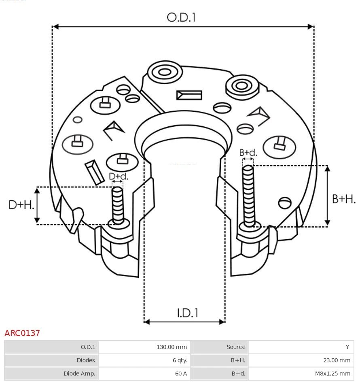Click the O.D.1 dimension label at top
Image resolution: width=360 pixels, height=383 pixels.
(181, 17)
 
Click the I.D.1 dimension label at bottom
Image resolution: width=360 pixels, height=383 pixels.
(187, 313)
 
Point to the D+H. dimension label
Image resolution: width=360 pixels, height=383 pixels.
(21, 205)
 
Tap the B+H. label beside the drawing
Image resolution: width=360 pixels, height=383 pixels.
(343, 199)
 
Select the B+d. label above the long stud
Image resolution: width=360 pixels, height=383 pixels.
(248, 153)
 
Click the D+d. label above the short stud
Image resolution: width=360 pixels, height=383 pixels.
(118, 176)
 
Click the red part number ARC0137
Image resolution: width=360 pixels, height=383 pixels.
(22, 333)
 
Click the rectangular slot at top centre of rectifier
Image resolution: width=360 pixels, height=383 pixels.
(189, 95)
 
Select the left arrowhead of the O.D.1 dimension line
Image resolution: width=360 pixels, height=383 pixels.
(56, 27)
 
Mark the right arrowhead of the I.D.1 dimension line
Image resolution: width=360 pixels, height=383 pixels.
(222, 322)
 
